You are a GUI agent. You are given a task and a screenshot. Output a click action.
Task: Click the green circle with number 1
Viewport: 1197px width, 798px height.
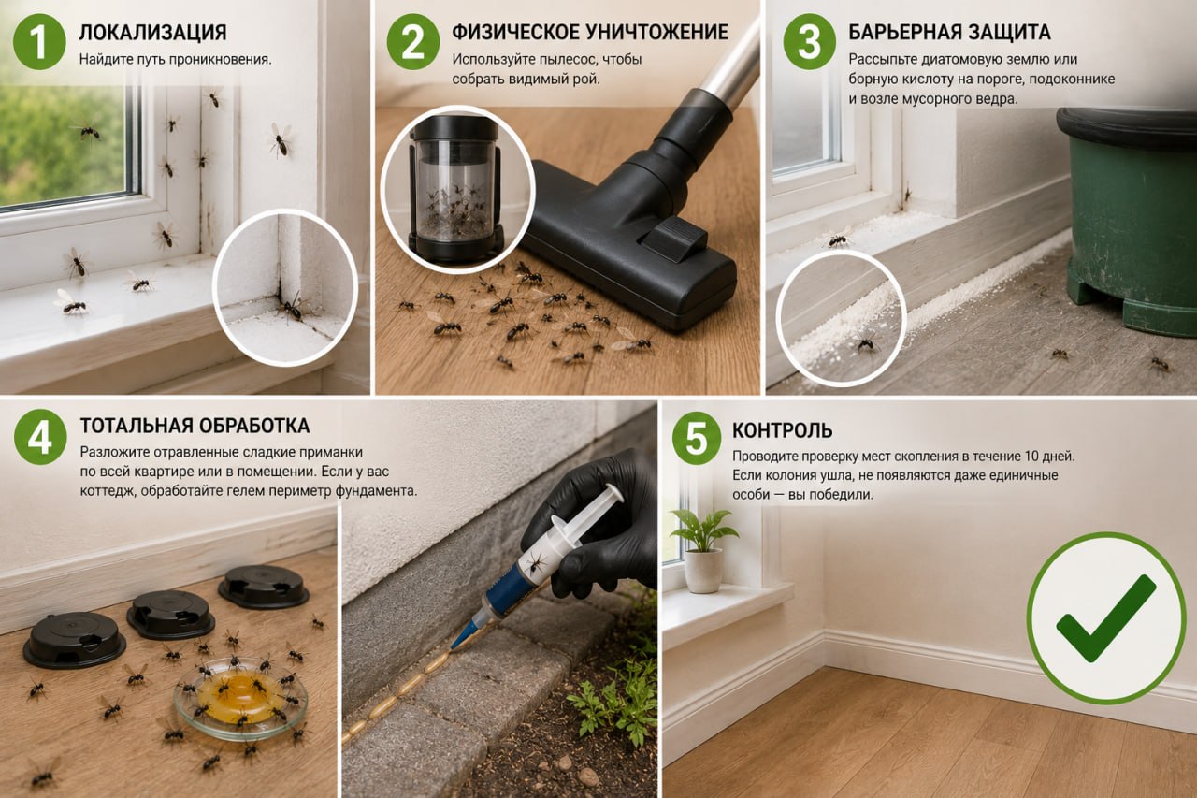point(39,42)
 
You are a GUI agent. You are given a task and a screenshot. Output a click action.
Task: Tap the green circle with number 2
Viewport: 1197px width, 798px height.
point(412,42)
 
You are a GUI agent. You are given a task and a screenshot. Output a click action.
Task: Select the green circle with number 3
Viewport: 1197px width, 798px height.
point(810,42)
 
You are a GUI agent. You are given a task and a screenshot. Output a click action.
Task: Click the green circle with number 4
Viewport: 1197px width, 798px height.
point(40,437)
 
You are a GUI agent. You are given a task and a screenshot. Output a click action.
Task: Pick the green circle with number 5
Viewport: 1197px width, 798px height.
point(697,438)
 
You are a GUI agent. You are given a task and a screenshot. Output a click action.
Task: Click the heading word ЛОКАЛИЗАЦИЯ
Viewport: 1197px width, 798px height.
point(152,33)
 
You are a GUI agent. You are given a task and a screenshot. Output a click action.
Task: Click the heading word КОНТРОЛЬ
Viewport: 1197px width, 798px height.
point(783,430)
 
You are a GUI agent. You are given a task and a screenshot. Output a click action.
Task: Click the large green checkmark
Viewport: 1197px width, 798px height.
point(1106,618)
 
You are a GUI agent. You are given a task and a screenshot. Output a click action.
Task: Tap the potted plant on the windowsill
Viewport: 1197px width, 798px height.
point(703,550)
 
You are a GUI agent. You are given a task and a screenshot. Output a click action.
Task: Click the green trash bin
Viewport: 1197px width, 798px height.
point(1130,219)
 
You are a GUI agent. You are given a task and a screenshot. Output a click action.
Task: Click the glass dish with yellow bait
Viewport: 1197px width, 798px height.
point(240,698)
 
